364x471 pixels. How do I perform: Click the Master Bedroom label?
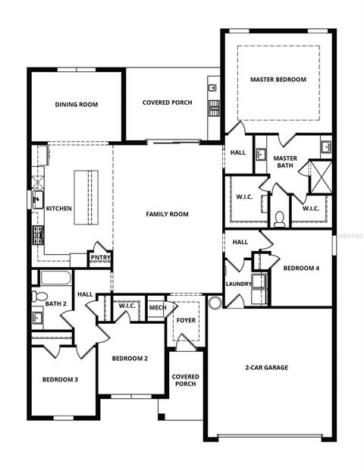pyautogui.click(x=278, y=80)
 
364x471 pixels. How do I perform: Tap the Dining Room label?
pyautogui.click(x=77, y=105)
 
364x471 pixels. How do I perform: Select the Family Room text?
pyautogui.click(x=167, y=215)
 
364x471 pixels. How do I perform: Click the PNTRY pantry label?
pyautogui.click(x=100, y=258)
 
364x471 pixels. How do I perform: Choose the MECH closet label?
pyautogui.click(x=157, y=307)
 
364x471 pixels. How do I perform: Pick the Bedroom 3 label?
pyautogui.click(x=60, y=380)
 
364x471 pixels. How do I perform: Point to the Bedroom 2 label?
pyautogui.click(x=130, y=359)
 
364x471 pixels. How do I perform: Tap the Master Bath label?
pyautogui.click(x=286, y=162)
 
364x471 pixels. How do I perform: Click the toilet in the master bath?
pyautogui.click(x=279, y=218)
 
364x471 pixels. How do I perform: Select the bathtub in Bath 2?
pyautogui.click(x=55, y=278)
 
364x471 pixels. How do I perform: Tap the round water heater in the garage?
pyautogui.click(x=215, y=303)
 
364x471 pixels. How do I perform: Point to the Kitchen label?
pyautogui.click(x=59, y=209)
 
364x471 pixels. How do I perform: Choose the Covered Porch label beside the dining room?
pyautogui.click(x=167, y=102)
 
